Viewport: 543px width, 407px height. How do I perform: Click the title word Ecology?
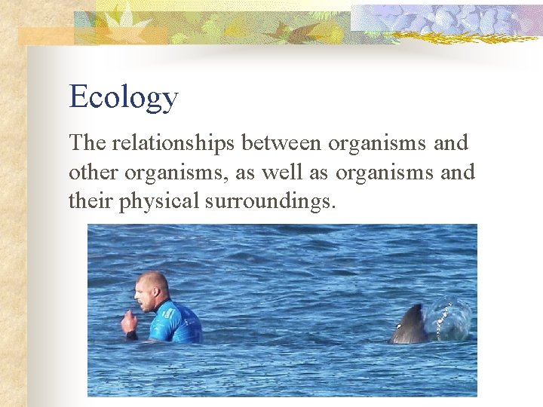point(123,98)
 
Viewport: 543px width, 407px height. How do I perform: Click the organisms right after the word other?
point(178,173)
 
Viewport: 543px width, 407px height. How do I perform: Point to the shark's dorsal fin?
point(410,326)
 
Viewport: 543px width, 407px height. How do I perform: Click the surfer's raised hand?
point(129,322)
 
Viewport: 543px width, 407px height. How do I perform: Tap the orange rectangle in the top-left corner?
point(45,36)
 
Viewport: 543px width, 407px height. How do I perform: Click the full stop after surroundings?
point(333,208)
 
